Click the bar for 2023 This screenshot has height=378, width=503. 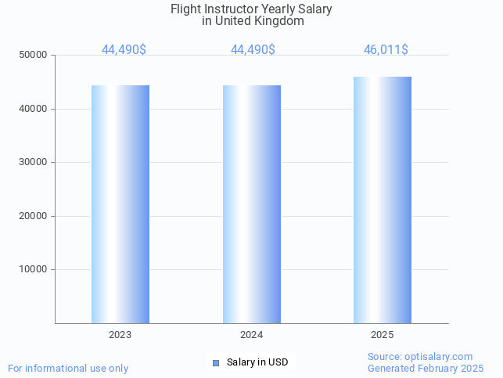coord(120,203)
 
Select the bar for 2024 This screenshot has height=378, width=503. coord(252,203)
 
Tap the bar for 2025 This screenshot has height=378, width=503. coord(383,200)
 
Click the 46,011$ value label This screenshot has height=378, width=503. coord(386,50)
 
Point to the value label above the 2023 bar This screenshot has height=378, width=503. coord(124,50)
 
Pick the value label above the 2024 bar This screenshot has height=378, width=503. coord(253,50)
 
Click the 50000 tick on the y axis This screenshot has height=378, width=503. coord(34,56)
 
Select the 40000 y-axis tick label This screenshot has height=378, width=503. coord(34,109)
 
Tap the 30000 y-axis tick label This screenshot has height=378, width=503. coord(34,163)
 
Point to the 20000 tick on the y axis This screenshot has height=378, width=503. coord(34,216)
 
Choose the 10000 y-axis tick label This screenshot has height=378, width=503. coord(34,270)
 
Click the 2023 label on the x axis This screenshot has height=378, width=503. coord(120,335)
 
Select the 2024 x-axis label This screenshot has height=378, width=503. coord(251,335)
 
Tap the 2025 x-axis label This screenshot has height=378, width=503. coord(383,335)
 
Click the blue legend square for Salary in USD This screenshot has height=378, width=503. coord(216,362)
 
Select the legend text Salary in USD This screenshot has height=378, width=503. coord(257,362)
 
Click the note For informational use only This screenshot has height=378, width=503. coord(68,369)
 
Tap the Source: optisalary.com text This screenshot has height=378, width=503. coord(420,357)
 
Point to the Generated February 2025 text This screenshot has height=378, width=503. coord(426,369)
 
